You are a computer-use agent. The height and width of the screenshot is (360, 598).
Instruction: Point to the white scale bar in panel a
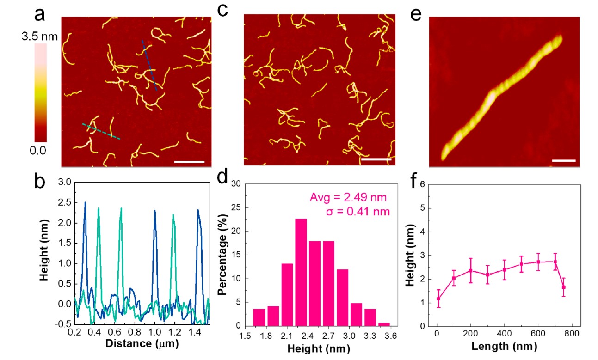[x=189, y=162]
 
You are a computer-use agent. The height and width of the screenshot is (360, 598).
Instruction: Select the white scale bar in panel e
[x=563, y=161]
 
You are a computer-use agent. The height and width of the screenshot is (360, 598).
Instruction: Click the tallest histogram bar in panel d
[x=301, y=272]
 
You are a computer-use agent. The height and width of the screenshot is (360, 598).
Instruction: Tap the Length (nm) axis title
[x=502, y=346]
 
